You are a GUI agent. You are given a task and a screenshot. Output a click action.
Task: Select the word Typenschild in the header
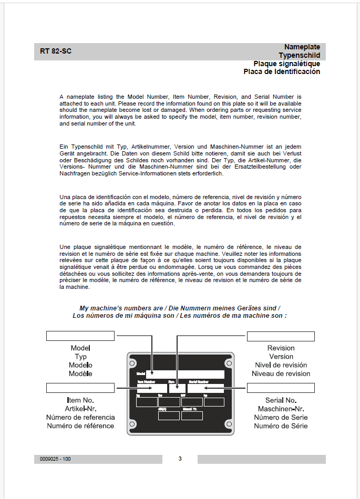point(299,55)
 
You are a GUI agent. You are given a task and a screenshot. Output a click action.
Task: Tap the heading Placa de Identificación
point(282,71)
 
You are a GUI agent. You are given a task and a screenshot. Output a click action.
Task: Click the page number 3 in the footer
point(180,459)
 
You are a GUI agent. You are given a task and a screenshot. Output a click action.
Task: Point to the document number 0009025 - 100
point(55,459)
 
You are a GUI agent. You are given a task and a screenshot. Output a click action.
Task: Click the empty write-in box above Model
point(80,336)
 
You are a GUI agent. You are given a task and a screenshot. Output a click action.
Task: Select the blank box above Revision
point(281,336)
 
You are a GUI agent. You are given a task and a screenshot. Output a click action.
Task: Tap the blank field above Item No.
point(80,388)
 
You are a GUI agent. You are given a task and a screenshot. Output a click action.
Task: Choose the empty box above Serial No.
point(281,388)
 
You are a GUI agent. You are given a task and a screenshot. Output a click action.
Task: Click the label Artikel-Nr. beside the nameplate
point(80,409)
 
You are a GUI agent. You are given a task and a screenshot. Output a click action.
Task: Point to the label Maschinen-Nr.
point(281,409)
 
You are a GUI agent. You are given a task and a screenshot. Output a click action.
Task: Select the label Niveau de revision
point(281,374)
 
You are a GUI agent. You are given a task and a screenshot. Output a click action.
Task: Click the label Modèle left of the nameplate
point(80,374)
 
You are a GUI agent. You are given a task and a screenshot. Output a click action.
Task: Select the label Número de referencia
point(80,418)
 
